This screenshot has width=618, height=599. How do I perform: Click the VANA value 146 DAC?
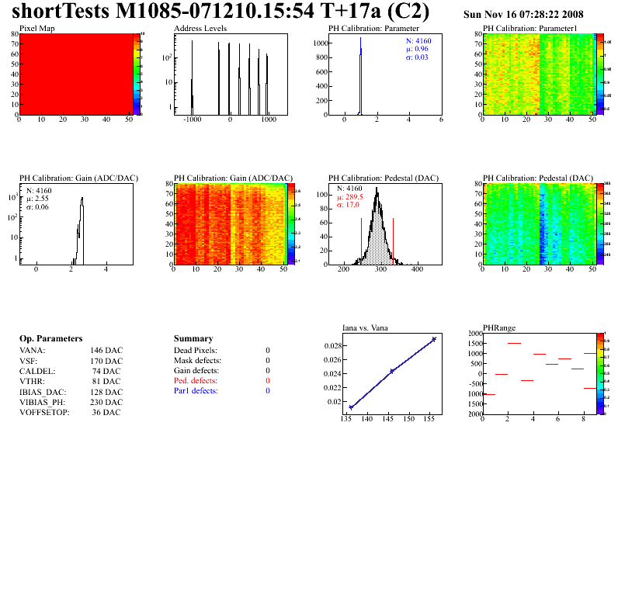[106, 351]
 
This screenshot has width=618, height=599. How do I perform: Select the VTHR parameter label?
[33, 381]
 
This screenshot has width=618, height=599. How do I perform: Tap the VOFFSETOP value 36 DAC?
[106, 412]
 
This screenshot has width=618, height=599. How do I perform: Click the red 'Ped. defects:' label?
[196, 381]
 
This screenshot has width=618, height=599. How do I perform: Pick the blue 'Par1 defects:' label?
[196, 391]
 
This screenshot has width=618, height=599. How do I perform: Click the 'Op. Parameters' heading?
[50, 339]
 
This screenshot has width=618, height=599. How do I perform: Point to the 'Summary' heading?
[193, 339]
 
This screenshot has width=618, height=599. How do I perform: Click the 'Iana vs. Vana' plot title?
[366, 327]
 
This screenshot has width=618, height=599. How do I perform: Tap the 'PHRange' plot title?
[498, 327]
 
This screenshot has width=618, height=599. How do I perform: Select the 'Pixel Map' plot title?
[36, 28]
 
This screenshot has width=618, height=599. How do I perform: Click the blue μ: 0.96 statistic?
[415, 48]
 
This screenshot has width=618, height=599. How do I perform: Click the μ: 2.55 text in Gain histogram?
[38, 199]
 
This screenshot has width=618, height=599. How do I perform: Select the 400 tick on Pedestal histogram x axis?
[416, 271]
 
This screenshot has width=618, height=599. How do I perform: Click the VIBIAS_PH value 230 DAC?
[106, 402]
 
